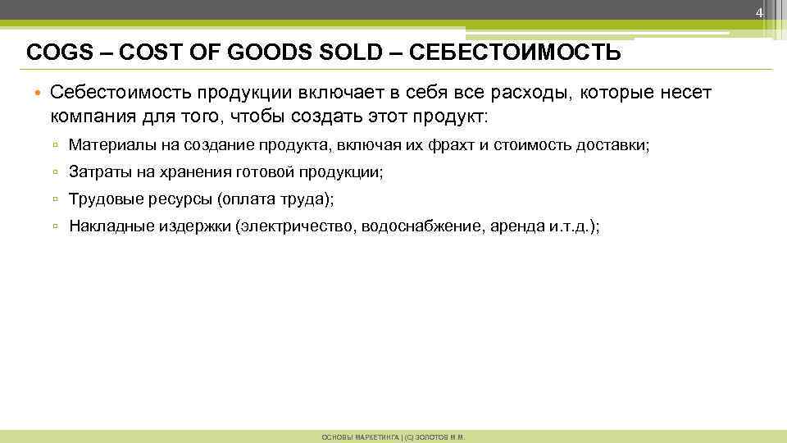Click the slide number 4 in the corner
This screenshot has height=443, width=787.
(760, 13)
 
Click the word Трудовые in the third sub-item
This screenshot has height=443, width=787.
(100, 199)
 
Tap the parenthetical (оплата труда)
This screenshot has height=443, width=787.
(275, 199)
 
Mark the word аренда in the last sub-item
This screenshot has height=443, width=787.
(516, 225)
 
